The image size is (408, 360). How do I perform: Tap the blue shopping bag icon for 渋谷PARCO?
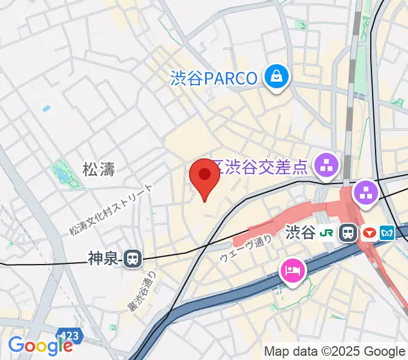[277, 77]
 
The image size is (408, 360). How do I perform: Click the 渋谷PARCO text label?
[214, 78]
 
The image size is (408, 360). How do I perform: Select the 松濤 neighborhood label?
[99, 170]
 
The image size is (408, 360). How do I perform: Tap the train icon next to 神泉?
[133, 259]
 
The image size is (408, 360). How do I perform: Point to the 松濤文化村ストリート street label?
[112, 209]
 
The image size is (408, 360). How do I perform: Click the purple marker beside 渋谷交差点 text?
[328, 163]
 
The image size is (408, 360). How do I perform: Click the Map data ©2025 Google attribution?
[335, 351]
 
